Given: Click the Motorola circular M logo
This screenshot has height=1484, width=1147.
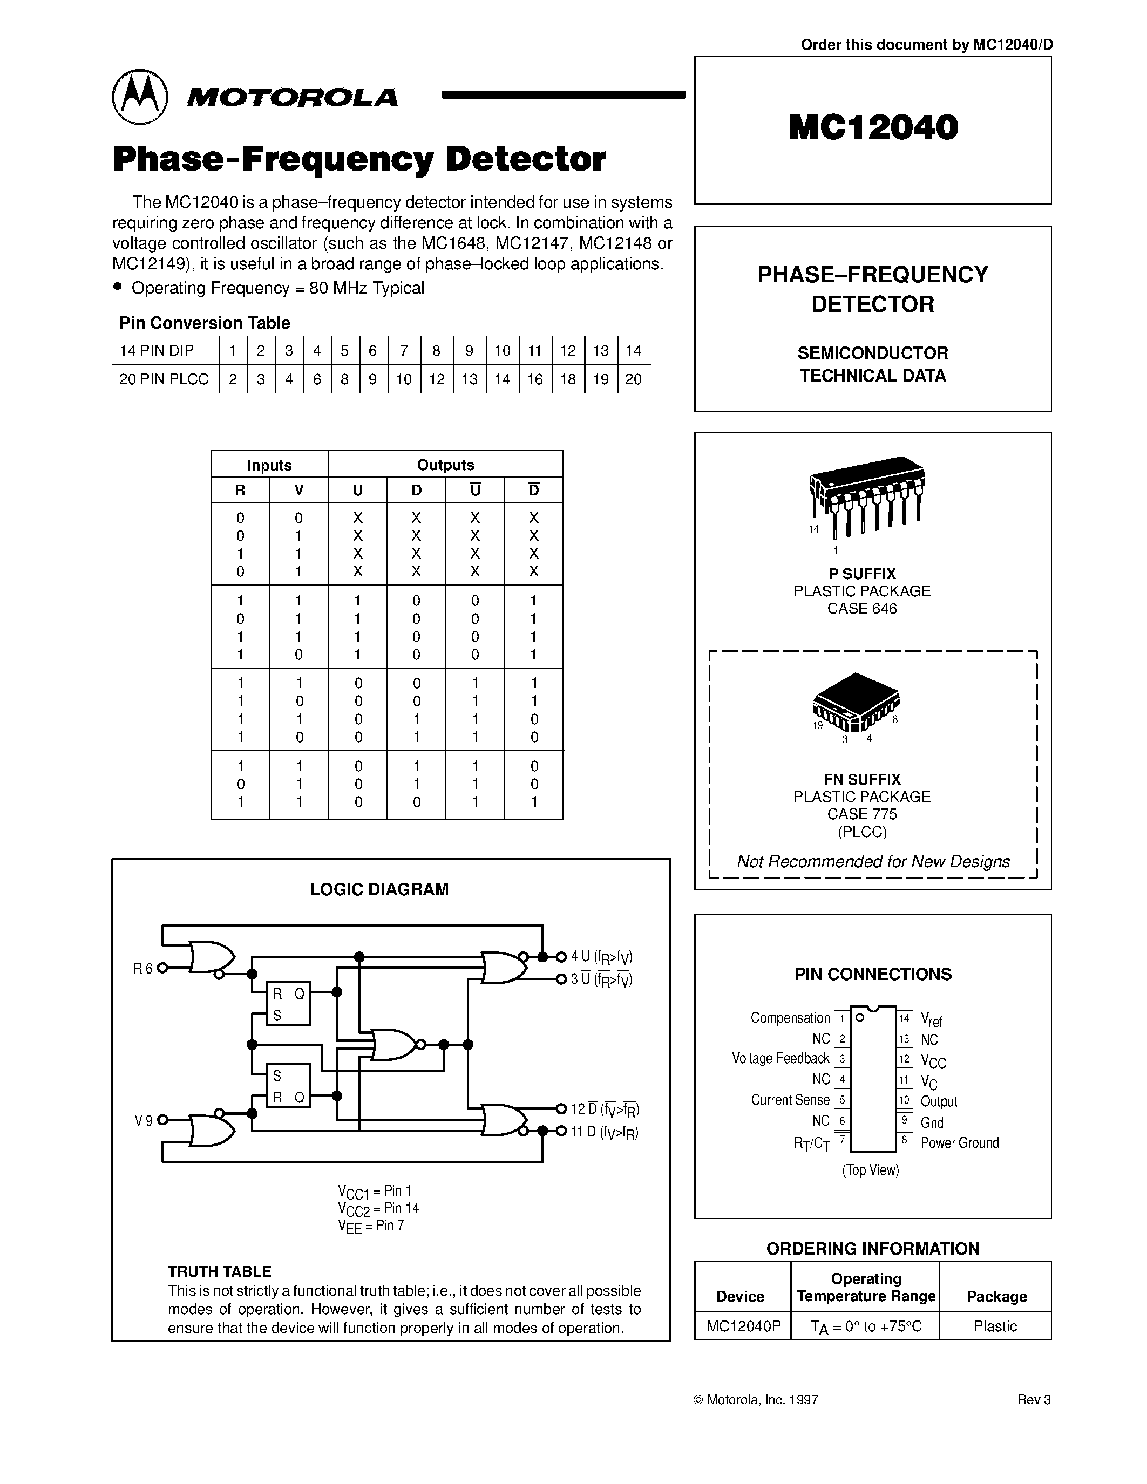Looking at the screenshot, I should [x=139, y=97].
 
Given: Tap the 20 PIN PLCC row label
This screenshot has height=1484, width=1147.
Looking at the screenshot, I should [x=164, y=379].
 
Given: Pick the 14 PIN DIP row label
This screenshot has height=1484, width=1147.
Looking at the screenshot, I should [x=157, y=351].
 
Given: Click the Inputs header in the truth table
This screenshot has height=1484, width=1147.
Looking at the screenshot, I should [x=269, y=466].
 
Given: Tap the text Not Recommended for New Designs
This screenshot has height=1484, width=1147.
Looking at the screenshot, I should [x=873, y=862].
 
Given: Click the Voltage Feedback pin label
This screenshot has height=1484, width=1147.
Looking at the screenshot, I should [x=780, y=1059].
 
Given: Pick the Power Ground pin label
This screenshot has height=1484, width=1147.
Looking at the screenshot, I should [x=960, y=1143].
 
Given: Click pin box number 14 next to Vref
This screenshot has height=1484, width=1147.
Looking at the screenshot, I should [x=905, y=1018].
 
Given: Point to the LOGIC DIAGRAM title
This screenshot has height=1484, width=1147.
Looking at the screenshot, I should [x=379, y=889].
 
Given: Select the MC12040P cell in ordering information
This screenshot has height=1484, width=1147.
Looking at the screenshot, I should [x=743, y=1326].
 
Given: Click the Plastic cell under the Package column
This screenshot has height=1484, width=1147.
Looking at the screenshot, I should [x=995, y=1326].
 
